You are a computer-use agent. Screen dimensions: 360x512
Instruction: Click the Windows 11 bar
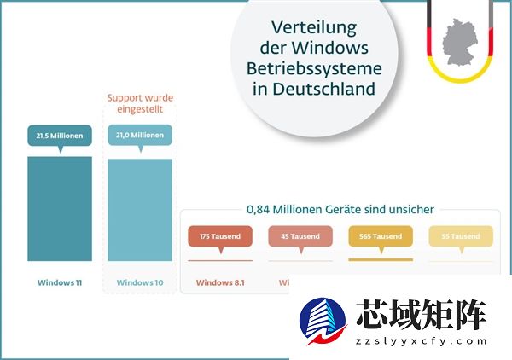[x=60, y=209]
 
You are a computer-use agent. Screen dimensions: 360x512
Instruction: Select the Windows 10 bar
[x=139, y=209]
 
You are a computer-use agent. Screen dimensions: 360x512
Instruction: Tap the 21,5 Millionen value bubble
[x=60, y=136]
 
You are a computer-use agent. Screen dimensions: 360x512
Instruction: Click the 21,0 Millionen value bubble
[x=139, y=136]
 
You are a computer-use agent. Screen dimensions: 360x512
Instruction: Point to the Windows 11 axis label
[x=60, y=282]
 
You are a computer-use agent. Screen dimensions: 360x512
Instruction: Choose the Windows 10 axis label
[x=139, y=282]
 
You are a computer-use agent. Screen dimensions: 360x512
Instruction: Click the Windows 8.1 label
[x=220, y=282]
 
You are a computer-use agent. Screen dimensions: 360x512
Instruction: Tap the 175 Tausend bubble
[x=220, y=236]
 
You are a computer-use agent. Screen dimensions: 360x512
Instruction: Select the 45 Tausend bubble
[x=300, y=236]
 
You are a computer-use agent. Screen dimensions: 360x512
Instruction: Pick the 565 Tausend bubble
[x=381, y=236]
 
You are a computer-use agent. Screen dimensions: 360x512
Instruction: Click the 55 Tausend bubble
[x=460, y=236]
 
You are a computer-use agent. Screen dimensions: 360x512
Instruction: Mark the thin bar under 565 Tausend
[x=381, y=259]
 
